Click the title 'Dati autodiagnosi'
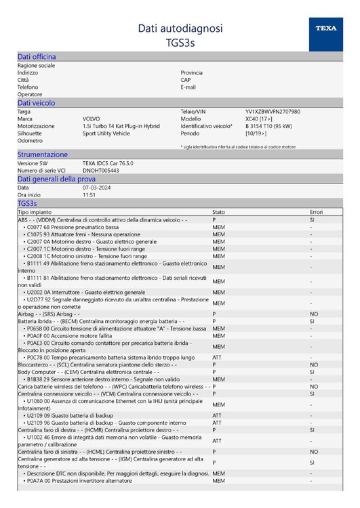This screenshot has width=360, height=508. [x=180, y=28]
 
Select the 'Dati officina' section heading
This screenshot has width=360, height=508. [x=37, y=57]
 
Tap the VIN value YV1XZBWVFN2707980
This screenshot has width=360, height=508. [x=273, y=111]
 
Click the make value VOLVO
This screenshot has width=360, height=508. [x=91, y=119]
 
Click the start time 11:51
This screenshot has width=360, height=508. [x=89, y=194]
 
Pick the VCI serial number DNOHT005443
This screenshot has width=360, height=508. [x=101, y=171]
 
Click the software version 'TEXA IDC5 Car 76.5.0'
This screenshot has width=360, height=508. [x=111, y=163]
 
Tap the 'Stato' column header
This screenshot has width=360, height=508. [x=219, y=212]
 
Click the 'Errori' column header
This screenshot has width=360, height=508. [x=317, y=212]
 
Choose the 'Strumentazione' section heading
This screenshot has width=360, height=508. [x=42, y=155]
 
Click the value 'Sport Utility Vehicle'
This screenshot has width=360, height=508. [x=106, y=133]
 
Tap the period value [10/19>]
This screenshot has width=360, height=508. [x=258, y=133]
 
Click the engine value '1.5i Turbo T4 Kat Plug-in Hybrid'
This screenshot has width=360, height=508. [x=121, y=126]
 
